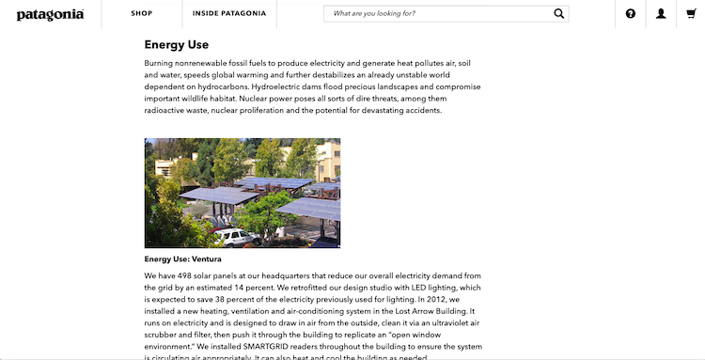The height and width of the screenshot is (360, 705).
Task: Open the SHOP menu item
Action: [142, 14]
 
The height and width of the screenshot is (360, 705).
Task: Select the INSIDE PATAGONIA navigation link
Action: [229, 14]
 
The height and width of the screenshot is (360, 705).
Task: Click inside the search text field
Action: [432, 14]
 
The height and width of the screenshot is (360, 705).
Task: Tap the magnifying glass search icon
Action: [559, 14]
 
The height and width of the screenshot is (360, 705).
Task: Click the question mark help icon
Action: [631, 14]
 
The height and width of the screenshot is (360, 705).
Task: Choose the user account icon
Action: [662, 14]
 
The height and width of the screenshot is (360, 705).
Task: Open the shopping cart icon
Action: [692, 14]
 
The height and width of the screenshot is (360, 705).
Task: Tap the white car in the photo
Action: [233, 237]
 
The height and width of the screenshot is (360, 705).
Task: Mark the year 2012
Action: [446, 299]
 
